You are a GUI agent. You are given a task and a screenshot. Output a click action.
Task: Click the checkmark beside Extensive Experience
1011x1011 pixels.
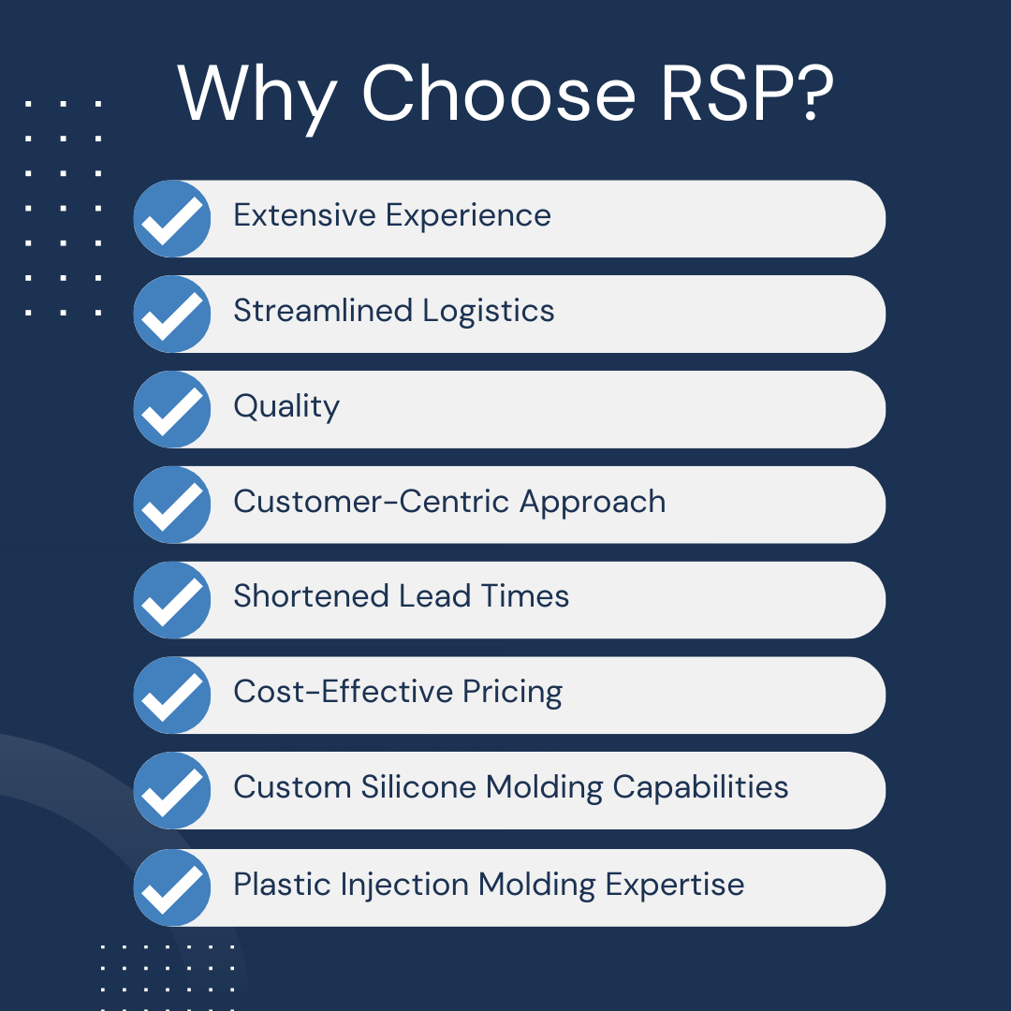(172, 219)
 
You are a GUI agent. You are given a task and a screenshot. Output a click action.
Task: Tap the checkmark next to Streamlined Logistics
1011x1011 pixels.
(172, 315)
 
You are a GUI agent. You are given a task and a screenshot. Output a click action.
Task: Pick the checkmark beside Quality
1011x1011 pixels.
(172, 410)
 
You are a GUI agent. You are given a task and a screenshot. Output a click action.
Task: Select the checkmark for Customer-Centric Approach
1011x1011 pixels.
(172, 505)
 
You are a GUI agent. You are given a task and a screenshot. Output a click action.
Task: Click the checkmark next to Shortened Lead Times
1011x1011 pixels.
(172, 600)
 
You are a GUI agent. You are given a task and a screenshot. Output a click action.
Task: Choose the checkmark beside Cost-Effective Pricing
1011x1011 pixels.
(172, 696)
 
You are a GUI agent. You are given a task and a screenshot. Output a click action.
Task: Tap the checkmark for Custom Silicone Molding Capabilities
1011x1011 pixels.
(172, 791)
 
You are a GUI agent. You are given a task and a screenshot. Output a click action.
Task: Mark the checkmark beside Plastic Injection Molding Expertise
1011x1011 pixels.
(172, 887)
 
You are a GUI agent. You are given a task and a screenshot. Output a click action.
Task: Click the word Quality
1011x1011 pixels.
(286, 407)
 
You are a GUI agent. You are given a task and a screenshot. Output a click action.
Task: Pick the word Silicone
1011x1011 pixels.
(419, 787)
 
